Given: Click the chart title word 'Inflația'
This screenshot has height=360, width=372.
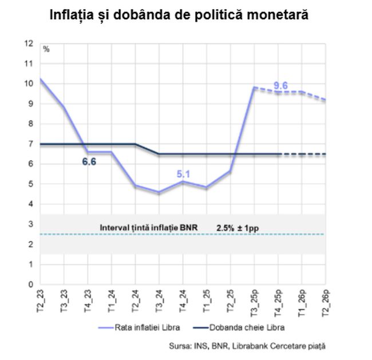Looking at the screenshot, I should click(x=74, y=14).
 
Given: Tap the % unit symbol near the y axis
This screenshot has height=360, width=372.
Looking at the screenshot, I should click(x=46, y=49).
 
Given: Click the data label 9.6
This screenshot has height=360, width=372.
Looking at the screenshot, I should click(x=280, y=86).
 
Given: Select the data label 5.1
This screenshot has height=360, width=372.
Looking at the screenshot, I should click(x=183, y=173).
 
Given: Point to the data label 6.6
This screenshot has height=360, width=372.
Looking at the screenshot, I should click(x=89, y=162).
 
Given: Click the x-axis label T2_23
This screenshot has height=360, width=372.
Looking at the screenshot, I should click(x=40, y=302).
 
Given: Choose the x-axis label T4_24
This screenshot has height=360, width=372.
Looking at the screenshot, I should click(x=183, y=302).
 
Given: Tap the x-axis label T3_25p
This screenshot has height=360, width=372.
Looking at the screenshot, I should click(x=254, y=303).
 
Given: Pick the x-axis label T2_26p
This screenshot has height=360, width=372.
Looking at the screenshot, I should click(x=325, y=303).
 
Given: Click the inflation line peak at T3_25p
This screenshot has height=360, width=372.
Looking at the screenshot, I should click(x=254, y=88).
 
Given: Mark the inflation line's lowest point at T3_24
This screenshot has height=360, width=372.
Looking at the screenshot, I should click(x=159, y=192).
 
